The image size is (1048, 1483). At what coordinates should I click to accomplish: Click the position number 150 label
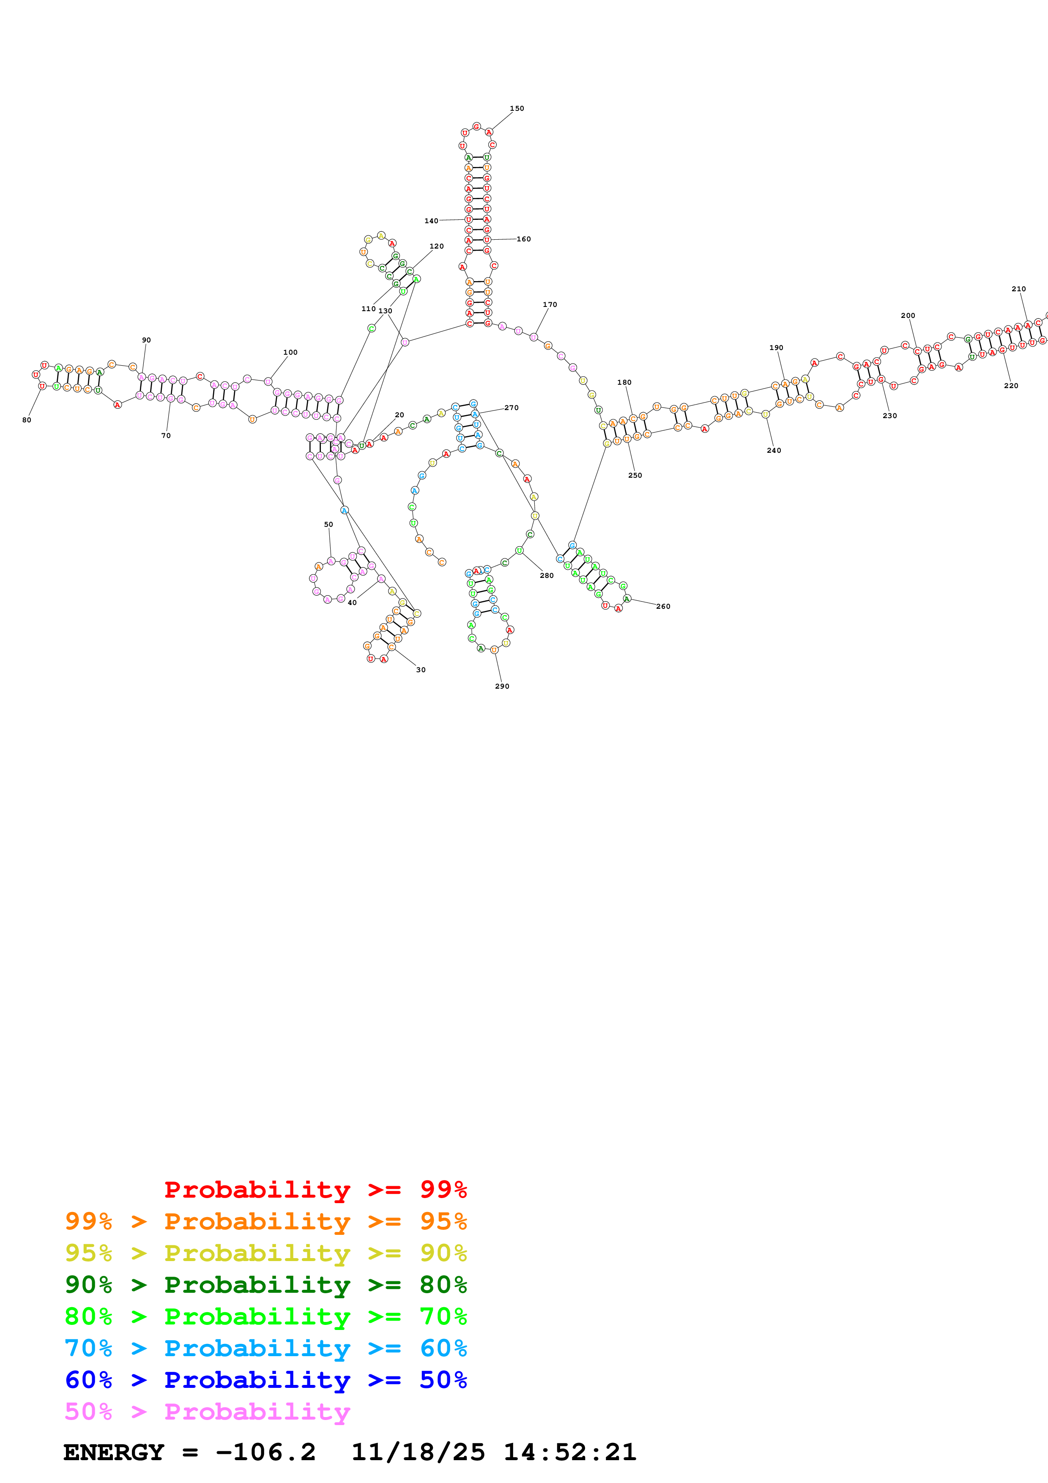pos(517,109)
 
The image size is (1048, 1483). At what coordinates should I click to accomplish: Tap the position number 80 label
pos(27,420)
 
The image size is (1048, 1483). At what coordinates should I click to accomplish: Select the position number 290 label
pos(502,686)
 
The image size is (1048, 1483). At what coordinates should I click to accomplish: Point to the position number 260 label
pos(663,607)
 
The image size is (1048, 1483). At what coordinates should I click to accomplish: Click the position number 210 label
pos(1018,289)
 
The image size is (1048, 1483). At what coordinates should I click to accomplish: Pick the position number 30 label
pos(420,670)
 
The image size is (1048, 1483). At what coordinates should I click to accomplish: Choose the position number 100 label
pos(290,353)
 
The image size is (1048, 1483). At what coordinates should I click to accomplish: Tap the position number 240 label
pos(774,450)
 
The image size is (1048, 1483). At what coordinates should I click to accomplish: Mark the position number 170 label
pos(550,304)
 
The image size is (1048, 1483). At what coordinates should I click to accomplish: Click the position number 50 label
pos(328,525)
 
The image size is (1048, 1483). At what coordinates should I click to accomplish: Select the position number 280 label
pos(546,575)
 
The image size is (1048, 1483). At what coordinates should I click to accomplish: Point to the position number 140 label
pos(431,221)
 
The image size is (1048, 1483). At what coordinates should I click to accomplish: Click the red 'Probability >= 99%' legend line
pos(315,1189)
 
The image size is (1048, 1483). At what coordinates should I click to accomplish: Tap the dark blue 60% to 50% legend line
pos(265,1380)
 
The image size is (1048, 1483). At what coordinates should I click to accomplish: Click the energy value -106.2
pos(265,1452)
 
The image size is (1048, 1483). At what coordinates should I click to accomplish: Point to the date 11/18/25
pos(418,1452)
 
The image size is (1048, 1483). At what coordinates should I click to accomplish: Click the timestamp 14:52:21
pos(569,1452)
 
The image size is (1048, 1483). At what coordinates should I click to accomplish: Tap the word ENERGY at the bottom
pos(114,1452)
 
